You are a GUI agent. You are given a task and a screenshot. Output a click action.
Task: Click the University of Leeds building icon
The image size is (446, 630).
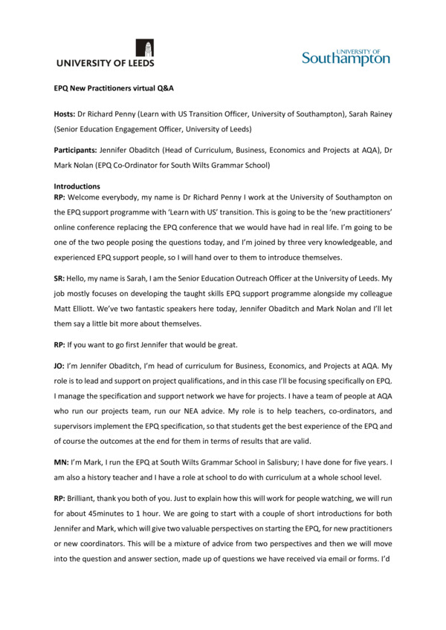(149, 49)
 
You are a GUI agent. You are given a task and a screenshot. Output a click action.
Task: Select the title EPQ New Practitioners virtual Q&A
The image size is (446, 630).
(114, 88)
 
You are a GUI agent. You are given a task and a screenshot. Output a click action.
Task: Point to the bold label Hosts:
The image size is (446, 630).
(67, 115)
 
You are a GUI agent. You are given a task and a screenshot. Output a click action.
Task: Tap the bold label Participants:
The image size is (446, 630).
(78, 151)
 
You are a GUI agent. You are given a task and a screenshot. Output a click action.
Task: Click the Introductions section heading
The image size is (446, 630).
(77, 186)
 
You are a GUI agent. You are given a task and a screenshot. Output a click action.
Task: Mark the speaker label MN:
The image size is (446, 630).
(62, 463)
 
